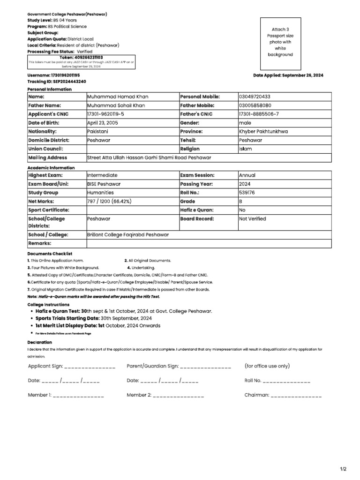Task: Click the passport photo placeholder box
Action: pyautogui.click(x=280, y=42)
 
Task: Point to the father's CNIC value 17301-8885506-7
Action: pyautogui.click(x=259, y=114)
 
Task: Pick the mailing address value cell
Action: pyautogui.click(x=149, y=158)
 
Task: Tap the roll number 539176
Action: pyautogui.click(x=247, y=192)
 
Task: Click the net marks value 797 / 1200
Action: pyautogui.click(x=109, y=201)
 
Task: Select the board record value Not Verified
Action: pyautogui.click(x=252, y=218)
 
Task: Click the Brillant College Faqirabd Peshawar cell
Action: pyautogui.click(x=127, y=235)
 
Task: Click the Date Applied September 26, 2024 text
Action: pyautogui.click(x=288, y=75)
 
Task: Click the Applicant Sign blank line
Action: pyautogui.click(x=89, y=367)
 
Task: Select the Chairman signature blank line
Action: pyautogui.click(x=296, y=396)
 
